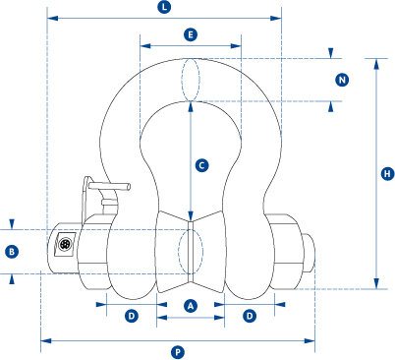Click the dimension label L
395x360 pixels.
click(x=164, y=8)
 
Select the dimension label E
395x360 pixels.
click(x=191, y=34)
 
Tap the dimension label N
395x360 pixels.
click(x=343, y=80)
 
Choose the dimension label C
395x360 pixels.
click(x=200, y=166)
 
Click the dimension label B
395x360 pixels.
click(x=12, y=252)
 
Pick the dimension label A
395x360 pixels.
click(x=192, y=306)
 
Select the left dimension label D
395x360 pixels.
click(x=131, y=316)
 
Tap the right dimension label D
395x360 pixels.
click(x=250, y=316)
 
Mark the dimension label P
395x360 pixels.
click(x=178, y=351)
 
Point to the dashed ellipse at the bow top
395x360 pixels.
click(x=192, y=80)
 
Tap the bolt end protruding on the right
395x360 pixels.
click(x=310, y=253)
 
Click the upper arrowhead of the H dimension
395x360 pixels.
click(x=375, y=62)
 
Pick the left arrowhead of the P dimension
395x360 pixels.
click(x=44, y=341)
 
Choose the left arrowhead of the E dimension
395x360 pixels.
click(x=144, y=44)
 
